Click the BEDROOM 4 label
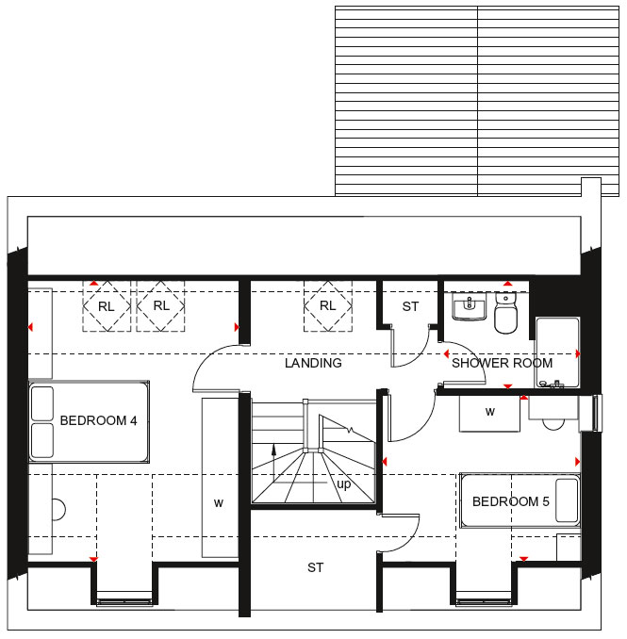[98, 420]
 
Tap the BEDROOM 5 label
[511, 501]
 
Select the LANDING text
[313, 363]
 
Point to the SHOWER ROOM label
[502, 363]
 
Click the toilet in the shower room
[505, 313]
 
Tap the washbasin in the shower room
[470, 306]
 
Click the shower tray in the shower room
[557, 352]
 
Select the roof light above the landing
[328, 305]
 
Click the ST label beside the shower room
[410, 306]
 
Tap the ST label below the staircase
[316, 567]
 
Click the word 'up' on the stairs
[343, 484]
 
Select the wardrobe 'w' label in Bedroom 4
[219, 503]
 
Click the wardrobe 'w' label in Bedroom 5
[490, 412]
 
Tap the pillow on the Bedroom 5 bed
[567, 500]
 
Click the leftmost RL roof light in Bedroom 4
[107, 305]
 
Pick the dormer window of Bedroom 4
[124, 602]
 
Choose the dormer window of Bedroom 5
[484, 602]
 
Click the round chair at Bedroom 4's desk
[59, 509]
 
